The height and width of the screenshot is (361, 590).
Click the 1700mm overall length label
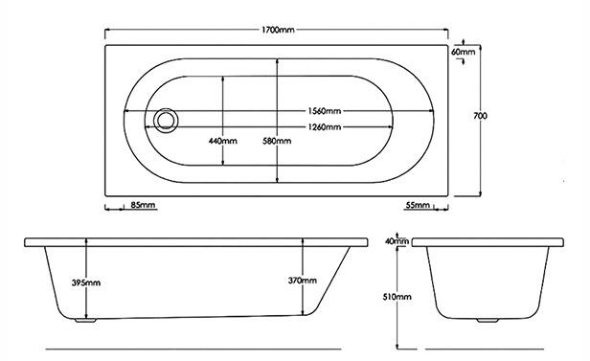278,30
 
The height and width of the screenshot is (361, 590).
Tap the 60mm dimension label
464,52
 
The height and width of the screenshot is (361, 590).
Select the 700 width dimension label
480,116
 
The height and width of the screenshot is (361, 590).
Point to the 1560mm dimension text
325,111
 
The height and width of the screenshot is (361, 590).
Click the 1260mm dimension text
325,127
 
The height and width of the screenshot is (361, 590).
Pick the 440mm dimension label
223,141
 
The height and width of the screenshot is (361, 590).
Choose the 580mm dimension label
277,141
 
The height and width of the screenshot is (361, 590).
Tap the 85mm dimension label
143,205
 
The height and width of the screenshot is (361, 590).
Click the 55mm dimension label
418,205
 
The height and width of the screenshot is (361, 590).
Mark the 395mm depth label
86,282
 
